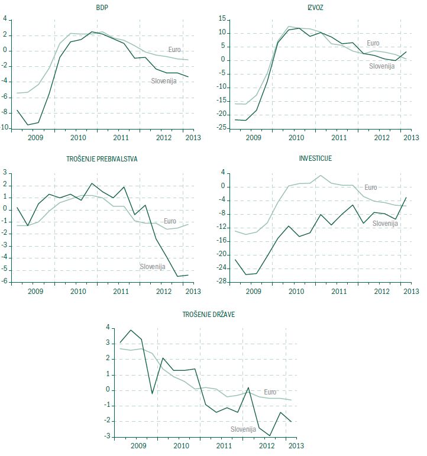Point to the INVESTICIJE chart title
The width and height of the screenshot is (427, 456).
316,159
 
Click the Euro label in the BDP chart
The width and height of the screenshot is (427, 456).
174,50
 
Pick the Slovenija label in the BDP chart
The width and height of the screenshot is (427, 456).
165,80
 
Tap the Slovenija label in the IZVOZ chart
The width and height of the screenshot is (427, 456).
381,66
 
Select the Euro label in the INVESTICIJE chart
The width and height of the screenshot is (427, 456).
370,187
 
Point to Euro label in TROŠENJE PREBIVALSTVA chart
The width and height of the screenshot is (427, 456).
170,221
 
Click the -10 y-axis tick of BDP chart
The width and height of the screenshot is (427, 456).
6,128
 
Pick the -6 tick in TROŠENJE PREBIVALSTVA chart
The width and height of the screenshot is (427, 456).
6,282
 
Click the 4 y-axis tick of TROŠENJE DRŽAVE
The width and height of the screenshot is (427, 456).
108,327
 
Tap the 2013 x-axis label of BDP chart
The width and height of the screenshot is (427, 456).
193,137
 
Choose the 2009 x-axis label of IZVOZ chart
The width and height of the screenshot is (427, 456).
253,137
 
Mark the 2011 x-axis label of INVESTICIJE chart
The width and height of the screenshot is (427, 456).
338,292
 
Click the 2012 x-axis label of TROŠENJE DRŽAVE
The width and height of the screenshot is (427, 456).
266,445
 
